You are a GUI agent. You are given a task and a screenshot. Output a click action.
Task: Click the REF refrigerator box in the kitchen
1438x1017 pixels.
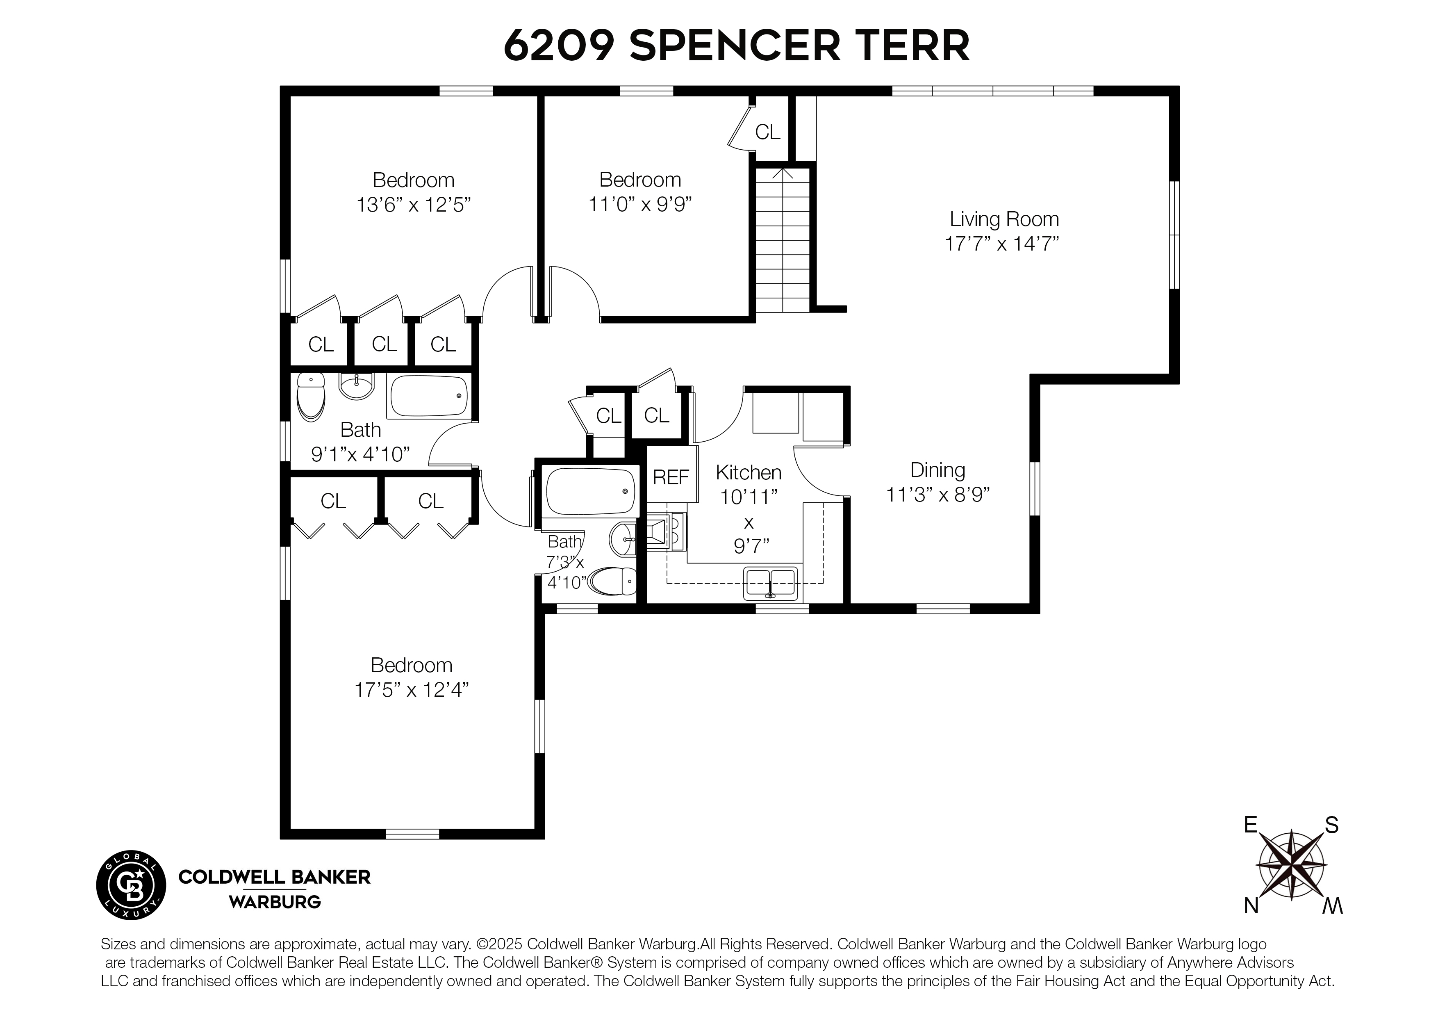click(x=671, y=477)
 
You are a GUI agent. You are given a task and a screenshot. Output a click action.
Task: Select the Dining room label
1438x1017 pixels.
click(x=937, y=470)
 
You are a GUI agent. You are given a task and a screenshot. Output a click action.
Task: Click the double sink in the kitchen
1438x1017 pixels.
click(x=770, y=583)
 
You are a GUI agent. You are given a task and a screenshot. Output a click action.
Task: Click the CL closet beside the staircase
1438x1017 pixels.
click(x=767, y=132)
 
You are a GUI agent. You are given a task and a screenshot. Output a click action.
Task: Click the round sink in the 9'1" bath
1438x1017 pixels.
click(x=356, y=385)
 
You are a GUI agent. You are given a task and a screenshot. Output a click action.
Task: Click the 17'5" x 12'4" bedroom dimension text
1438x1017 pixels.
click(x=412, y=690)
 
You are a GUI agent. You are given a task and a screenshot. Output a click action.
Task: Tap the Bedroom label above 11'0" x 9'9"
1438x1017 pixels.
click(x=639, y=180)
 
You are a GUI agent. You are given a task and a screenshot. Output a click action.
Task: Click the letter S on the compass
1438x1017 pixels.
click(x=1331, y=826)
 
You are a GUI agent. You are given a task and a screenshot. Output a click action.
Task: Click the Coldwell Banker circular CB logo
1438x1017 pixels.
click(x=131, y=885)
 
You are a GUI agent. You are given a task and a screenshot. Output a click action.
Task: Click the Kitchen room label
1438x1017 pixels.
click(x=749, y=472)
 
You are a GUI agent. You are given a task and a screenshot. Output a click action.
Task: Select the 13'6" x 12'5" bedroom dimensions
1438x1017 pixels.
click(x=413, y=205)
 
